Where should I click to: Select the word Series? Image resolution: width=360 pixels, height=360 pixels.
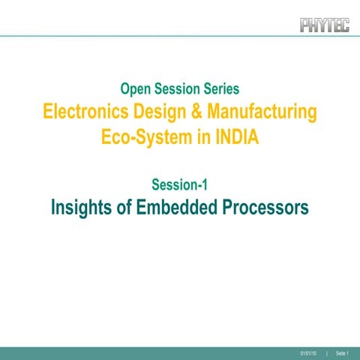[x=220, y=88]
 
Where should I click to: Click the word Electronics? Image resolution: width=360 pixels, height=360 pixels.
[x=85, y=112]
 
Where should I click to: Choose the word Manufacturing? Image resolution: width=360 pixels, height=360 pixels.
[x=262, y=112]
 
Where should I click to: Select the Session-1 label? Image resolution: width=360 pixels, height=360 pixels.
[x=179, y=184]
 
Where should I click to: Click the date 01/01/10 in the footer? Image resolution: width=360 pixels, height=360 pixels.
[x=307, y=352]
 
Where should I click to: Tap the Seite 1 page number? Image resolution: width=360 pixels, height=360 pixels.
[x=343, y=352]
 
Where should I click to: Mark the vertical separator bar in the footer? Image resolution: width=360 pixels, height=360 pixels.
[x=327, y=352]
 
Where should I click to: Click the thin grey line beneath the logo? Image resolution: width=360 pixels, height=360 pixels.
[x=180, y=36]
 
